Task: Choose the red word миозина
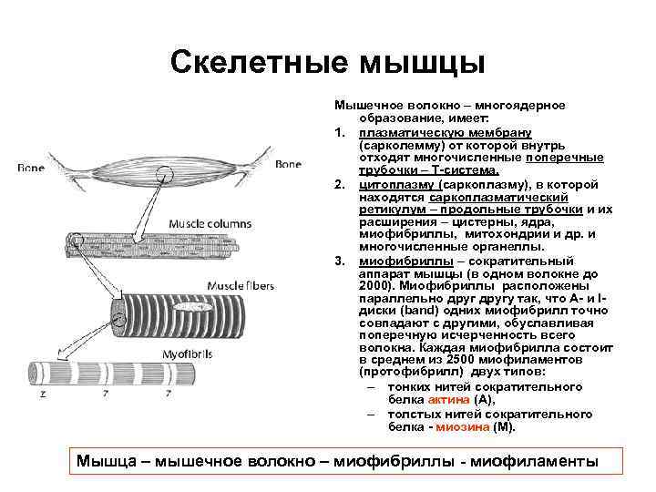[x=462, y=426]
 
